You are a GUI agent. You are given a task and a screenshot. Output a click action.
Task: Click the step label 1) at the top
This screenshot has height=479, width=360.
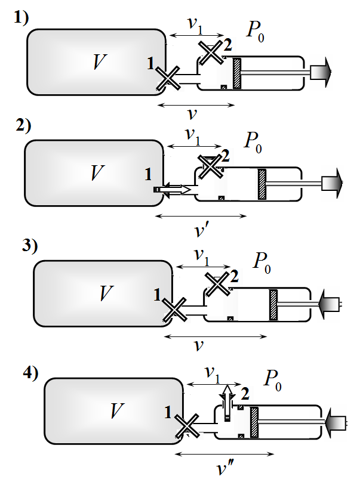(x=21, y=18)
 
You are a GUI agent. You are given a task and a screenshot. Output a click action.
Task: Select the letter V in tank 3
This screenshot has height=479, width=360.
(x=106, y=293)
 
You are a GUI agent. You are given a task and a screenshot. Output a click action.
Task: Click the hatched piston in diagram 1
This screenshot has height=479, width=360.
(x=237, y=73)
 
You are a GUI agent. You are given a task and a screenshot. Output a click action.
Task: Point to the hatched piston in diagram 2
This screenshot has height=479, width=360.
(x=261, y=184)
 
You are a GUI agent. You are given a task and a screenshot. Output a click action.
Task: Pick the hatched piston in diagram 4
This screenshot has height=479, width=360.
(x=254, y=422)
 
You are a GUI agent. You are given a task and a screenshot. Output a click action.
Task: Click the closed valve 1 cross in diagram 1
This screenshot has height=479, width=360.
(x=168, y=79)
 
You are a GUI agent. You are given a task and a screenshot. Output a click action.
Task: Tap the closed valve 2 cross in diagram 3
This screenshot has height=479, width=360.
(x=217, y=284)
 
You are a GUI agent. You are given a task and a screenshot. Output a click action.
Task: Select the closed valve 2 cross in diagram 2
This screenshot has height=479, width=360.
(x=210, y=166)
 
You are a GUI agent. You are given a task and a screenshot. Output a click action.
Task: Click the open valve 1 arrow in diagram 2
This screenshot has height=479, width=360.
(x=173, y=190)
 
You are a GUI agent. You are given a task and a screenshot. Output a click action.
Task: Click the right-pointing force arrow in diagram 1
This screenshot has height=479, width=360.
(x=321, y=72)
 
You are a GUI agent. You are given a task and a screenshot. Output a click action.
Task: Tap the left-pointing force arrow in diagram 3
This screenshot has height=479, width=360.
(x=330, y=304)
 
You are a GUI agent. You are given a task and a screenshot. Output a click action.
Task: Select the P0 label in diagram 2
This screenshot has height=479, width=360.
(x=253, y=143)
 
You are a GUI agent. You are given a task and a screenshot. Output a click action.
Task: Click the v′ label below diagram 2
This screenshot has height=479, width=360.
(x=201, y=231)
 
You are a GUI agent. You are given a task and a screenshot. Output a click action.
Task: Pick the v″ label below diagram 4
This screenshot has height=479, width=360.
(x=225, y=468)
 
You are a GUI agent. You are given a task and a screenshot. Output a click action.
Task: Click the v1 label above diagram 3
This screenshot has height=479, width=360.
(x=202, y=257)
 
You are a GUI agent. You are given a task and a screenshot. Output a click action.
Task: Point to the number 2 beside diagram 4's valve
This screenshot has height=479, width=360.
(x=245, y=394)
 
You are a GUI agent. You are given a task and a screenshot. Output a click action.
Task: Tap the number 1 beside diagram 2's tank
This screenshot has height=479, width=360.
(x=148, y=174)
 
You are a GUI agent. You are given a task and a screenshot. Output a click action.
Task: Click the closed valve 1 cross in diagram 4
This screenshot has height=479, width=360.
(x=187, y=427)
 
